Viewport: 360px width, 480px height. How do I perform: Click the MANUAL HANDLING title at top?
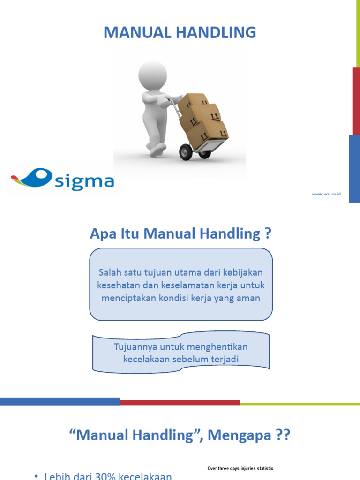[180, 32]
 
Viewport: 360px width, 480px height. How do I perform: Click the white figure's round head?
[153, 75]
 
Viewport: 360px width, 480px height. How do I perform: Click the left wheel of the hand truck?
[186, 152]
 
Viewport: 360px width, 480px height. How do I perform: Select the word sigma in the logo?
[84, 181]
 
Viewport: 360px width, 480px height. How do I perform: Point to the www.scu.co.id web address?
[326, 194]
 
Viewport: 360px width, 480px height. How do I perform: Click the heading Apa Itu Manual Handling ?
[180, 233]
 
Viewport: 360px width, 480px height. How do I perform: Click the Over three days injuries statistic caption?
[240, 468]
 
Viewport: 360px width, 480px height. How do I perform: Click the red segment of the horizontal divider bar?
[180, 402]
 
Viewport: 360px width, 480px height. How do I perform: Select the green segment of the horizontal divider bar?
[300, 403]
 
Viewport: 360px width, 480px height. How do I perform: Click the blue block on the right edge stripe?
[354, 169]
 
